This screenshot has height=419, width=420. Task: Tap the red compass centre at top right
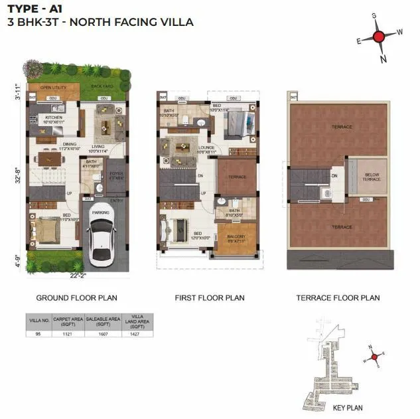point(378,37)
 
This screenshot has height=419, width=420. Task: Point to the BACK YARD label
point(102,87)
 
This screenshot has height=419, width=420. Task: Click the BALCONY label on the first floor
point(236,236)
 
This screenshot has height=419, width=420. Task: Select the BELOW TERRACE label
point(372,177)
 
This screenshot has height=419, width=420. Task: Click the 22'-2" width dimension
point(78,274)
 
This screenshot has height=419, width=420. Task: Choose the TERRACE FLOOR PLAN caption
point(338,297)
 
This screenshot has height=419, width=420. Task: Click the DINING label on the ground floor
point(70,145)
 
